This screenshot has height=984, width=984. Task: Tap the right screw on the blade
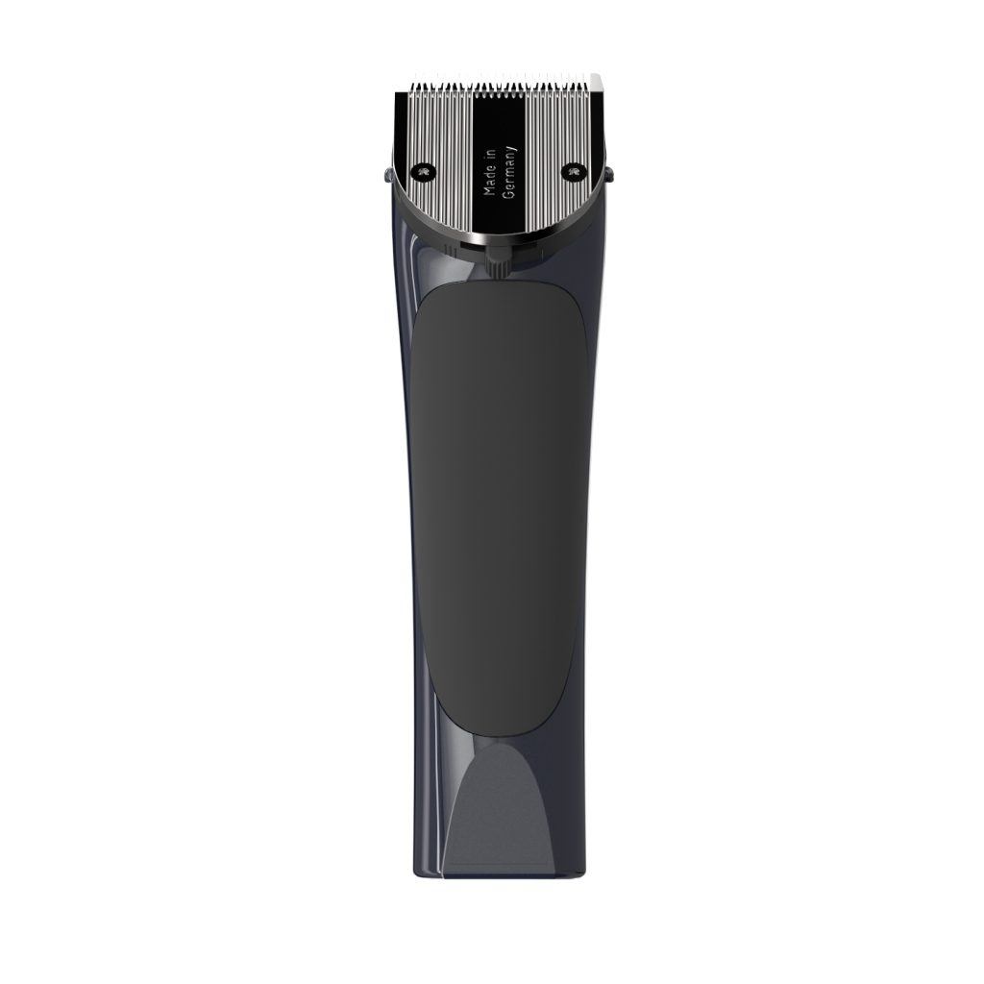[573, 171]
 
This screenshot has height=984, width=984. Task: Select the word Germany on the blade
[510, 172]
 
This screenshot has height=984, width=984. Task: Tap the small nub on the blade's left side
[386, 175]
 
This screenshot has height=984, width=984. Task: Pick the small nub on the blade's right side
[608, 175]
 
